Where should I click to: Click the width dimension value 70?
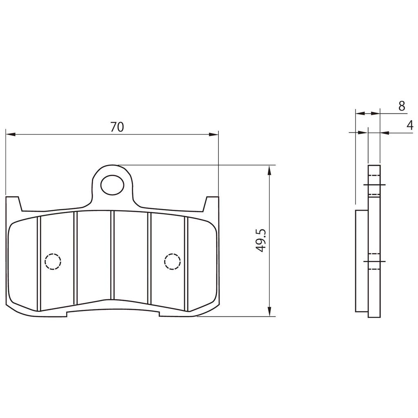(117, 127)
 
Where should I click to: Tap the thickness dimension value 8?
(401, 106)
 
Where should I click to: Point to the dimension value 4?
(409, 125)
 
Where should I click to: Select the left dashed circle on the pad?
(53, 261)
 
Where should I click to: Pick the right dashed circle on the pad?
(172, 261)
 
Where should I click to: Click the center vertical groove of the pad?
(112, 255)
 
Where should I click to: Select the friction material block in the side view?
(362, 261)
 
